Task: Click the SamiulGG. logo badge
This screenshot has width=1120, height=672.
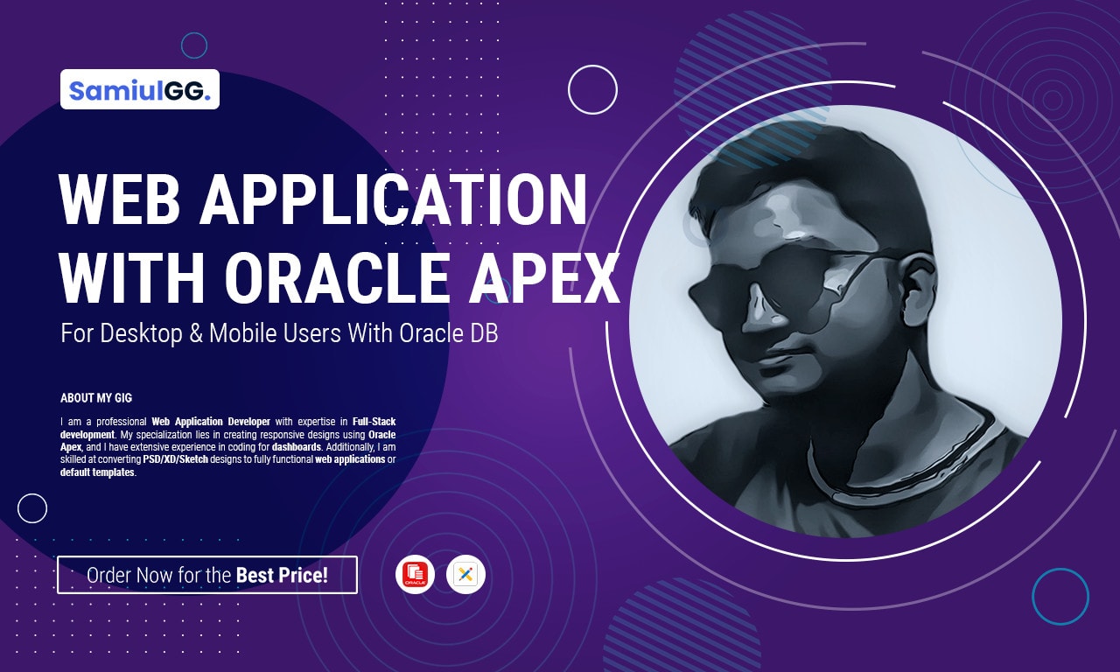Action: click(140, 89)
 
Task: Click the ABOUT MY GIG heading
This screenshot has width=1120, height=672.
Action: click(96, 398)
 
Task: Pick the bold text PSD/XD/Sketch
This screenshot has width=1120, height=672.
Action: click(176, 459)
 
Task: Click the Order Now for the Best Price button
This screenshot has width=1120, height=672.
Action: click(207, 575)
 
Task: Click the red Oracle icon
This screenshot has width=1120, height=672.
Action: click(415, 575)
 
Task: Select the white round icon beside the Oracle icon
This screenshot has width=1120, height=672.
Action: click(465, 575)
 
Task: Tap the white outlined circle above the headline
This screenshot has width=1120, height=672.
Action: click(592, 89)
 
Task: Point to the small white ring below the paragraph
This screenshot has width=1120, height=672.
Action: click(32, 507)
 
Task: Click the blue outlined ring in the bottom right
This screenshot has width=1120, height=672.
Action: click(1060, 597)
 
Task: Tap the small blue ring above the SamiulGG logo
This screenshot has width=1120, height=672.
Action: click(193, 45)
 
